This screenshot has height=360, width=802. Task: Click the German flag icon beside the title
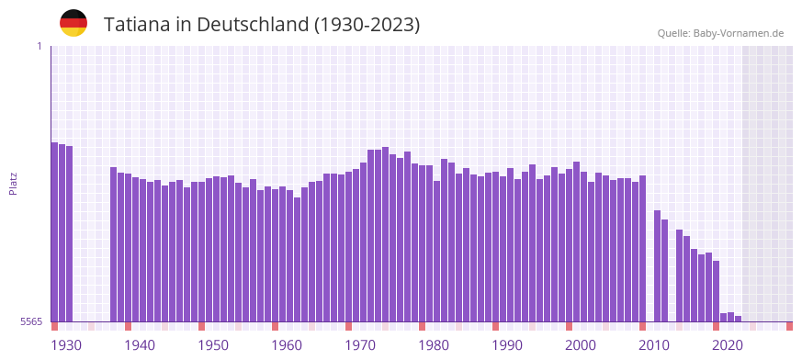[x=73, y=23]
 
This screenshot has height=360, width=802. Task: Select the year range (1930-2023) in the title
[x=367, y=25]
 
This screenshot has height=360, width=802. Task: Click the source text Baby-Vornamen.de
[x=738, y=33]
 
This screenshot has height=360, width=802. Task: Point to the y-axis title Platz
[x=13, y=183]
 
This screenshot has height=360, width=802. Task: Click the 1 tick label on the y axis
[x=39, y=46]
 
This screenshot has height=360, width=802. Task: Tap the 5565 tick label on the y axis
[x=30, y=321]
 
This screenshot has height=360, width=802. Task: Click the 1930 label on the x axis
[x=66, y=345]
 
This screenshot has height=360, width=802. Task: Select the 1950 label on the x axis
[x=213, y=345]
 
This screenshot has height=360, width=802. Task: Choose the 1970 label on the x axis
[x=360, y=345]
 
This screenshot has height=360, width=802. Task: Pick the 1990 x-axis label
[x=507, y=345]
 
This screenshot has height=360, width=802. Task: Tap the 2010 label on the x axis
[x=654, y=345]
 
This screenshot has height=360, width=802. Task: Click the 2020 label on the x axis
[x=728, y=345]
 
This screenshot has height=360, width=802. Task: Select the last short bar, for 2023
[x=738, y=319]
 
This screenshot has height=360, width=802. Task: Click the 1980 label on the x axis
[x=434, y=345]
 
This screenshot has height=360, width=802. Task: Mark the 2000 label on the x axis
[x=581, y=345]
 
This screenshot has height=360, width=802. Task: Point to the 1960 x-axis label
[x=287, y=345]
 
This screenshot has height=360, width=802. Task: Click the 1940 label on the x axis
[x=140, y=345]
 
